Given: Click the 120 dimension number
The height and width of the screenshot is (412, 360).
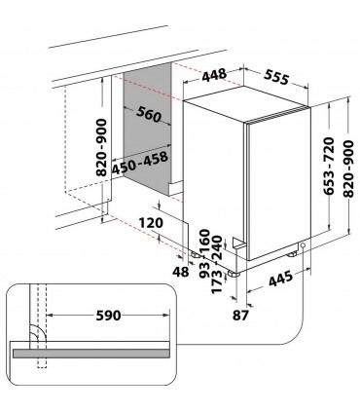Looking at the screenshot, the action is click(151, 221).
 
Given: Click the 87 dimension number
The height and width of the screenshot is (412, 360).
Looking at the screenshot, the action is click(240, 313).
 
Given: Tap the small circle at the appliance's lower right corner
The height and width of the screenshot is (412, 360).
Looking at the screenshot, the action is click(302, 245).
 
